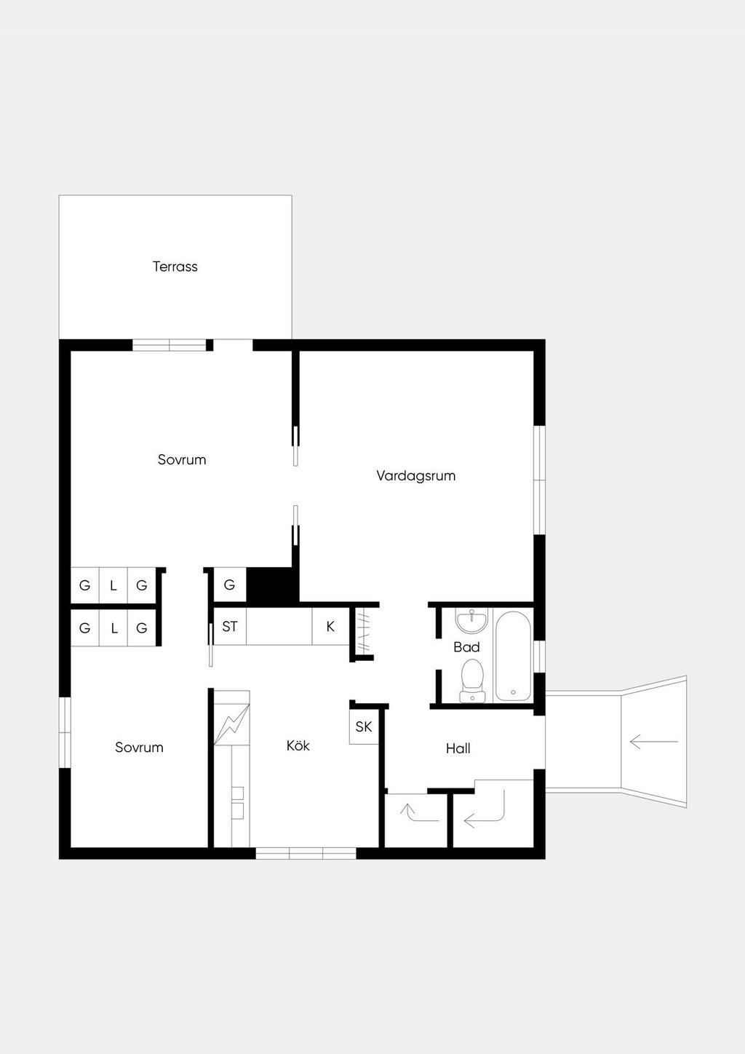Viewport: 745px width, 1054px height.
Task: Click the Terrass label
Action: [x=175, y=266]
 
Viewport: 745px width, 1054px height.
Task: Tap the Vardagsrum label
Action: [x=415, y=476]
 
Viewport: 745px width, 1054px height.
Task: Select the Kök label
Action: [x=298, y=745]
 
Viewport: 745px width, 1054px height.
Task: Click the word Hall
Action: [x=458, y=748]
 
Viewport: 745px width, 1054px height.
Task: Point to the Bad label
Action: [x=466, y=647]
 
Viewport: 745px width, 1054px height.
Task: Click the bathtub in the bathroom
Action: [x=513, y=656]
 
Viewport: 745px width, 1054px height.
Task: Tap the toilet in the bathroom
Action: [x=472, y=681]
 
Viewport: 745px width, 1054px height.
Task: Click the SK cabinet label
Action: [x=364, y=727]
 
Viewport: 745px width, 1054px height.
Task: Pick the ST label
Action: [x=229, y=627]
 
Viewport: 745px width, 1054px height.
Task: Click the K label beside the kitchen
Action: [x=330, y=626]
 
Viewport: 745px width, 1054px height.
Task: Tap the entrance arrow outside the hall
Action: [x=654, y=742]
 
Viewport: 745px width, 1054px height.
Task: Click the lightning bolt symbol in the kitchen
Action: [x=231, y=724]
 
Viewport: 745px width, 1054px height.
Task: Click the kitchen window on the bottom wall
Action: [x=306, y=853]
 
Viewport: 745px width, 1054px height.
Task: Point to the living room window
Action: [x=539, y=480]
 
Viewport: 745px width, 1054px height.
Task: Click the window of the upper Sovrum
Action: [x=170, y=345]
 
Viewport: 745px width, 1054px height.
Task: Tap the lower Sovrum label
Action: [x=139, y=748]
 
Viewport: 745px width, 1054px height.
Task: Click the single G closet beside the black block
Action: [x=229, y=585]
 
